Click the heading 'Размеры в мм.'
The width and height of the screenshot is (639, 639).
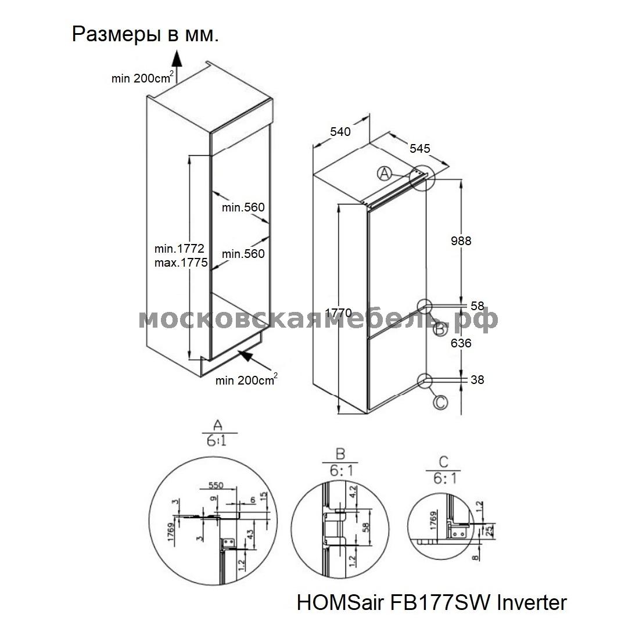pyautogui.click(x=145, y=35)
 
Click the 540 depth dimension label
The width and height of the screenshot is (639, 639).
pyautogui.click(x=340, y=132)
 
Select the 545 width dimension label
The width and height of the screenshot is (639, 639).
pyautogui.click(x=420, y=148)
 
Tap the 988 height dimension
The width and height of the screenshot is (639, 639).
pyautogui.click(x=461, y=241)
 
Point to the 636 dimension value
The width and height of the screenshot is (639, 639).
pyautogui.click(x=461, y=343)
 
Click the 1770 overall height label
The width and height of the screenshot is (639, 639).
pyautogui.click(x=338, y=313)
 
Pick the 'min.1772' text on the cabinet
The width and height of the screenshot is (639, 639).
pyautogui.click(x=180, y=248)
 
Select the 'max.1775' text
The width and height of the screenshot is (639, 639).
pyautogui.click(x=181, y=263)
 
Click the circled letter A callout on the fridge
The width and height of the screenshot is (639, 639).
pyautogui.click(x=384, y=174)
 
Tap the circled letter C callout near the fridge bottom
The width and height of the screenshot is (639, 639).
pyautogui.click(x=440, y=403)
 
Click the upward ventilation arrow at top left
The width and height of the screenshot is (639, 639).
pyautogui.click(x=176, y=66)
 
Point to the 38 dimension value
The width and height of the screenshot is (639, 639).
pyautogui.click(x=477, y=380)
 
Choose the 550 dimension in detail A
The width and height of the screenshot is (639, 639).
pyautogui.click(x=216, y=485)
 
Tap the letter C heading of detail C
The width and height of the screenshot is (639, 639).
pyautogui.click(x=443, y=462)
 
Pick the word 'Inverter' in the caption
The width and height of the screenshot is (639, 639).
pyautogui.click(x=532, y=602)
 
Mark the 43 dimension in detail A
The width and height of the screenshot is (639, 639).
pyautogui.click(x=250, y=533)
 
